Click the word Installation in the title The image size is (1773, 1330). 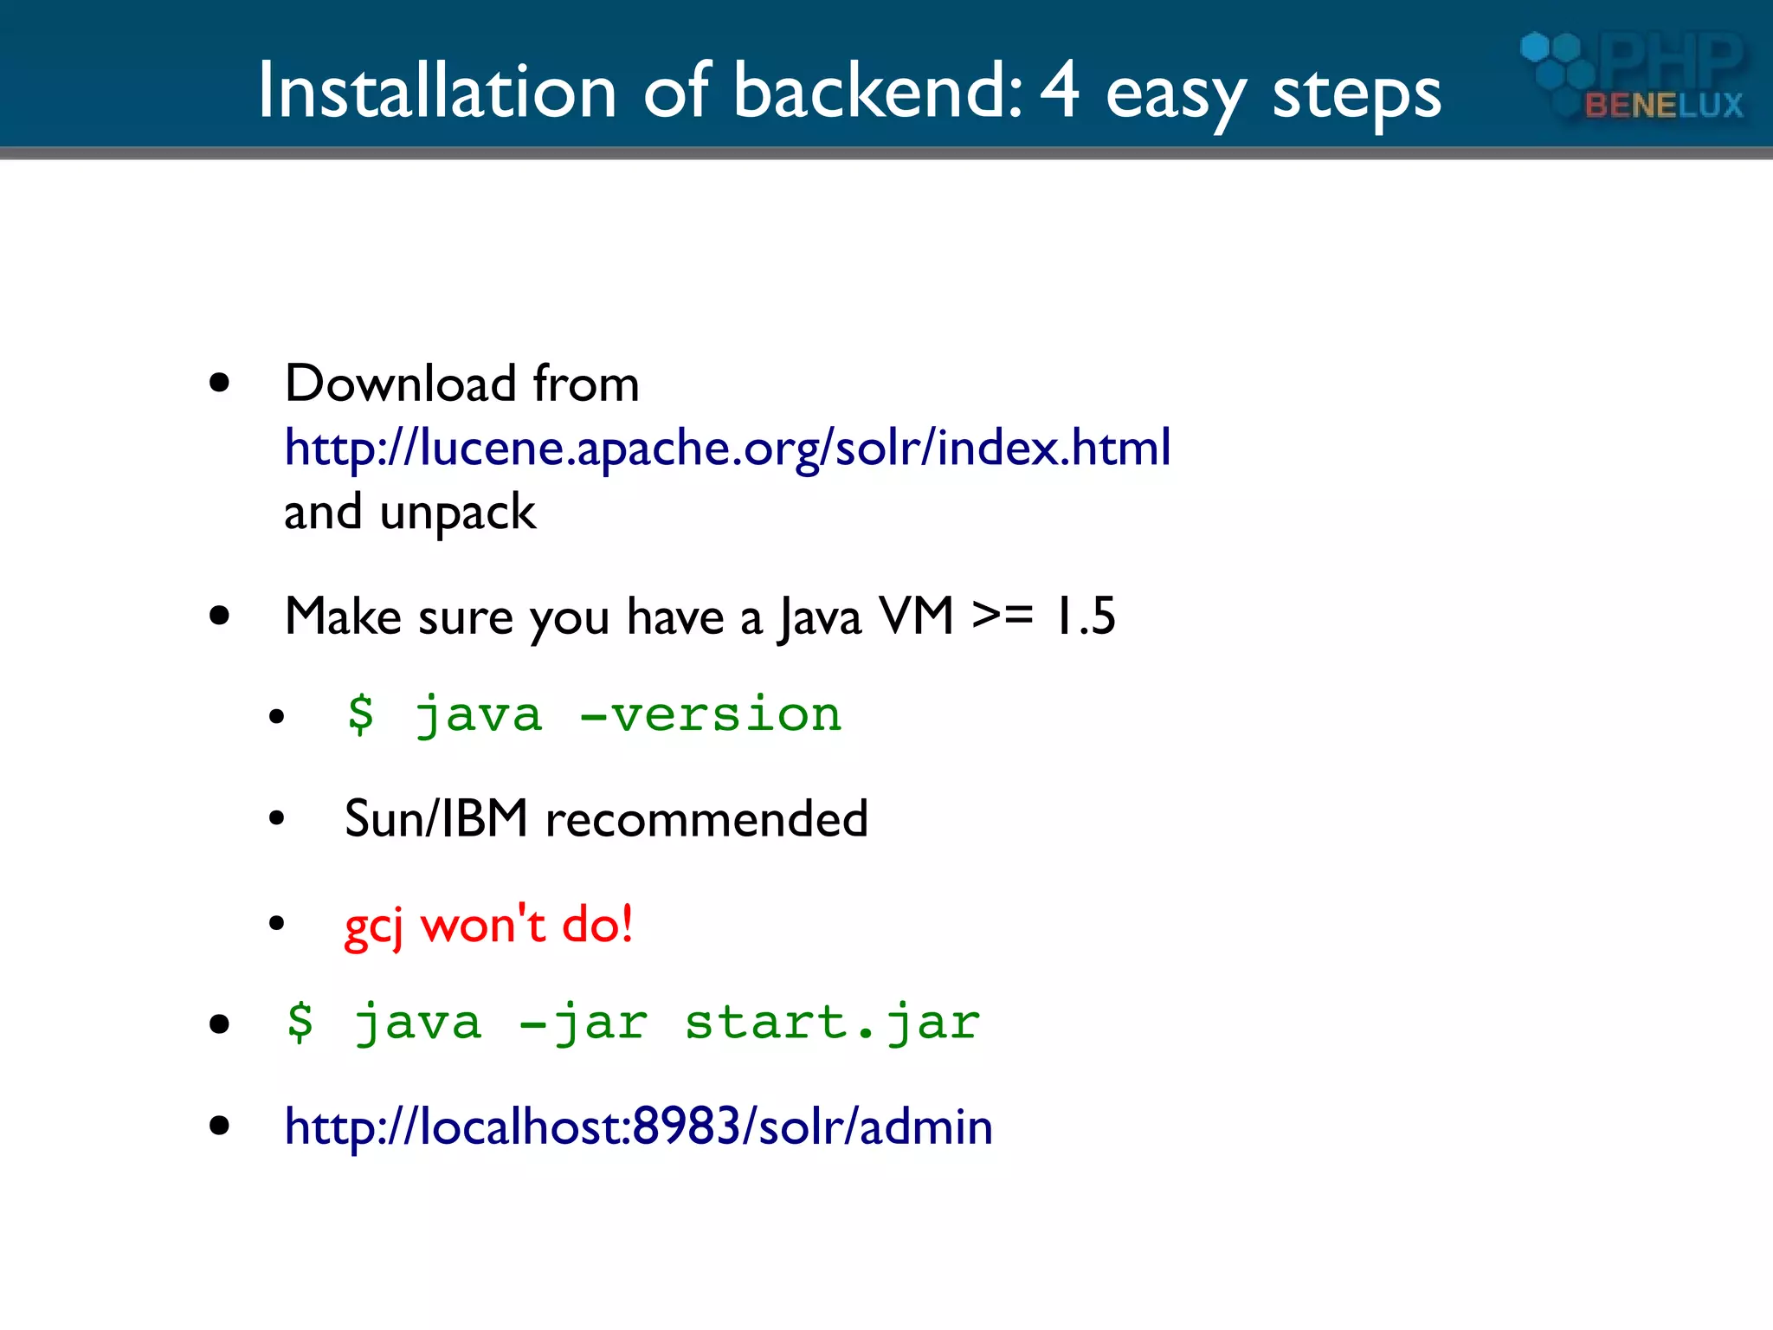point(437,90)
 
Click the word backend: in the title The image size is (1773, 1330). point(878,90)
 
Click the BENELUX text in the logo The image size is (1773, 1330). point(1663,106)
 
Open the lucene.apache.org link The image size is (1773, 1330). point(727,448)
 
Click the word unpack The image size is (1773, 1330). point(458,513)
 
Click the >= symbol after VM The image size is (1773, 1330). point(1003,617)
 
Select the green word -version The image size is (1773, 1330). point(710,715)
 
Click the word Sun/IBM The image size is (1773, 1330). point(436,818)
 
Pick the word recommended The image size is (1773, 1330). point(706,818)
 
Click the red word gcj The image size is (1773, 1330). point(374,926)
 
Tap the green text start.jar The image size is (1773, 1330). point(832,1023)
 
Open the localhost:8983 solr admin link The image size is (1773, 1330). point(638,1127)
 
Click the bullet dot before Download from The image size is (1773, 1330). point(220,383)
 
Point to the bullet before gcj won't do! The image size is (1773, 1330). point(276,923)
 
